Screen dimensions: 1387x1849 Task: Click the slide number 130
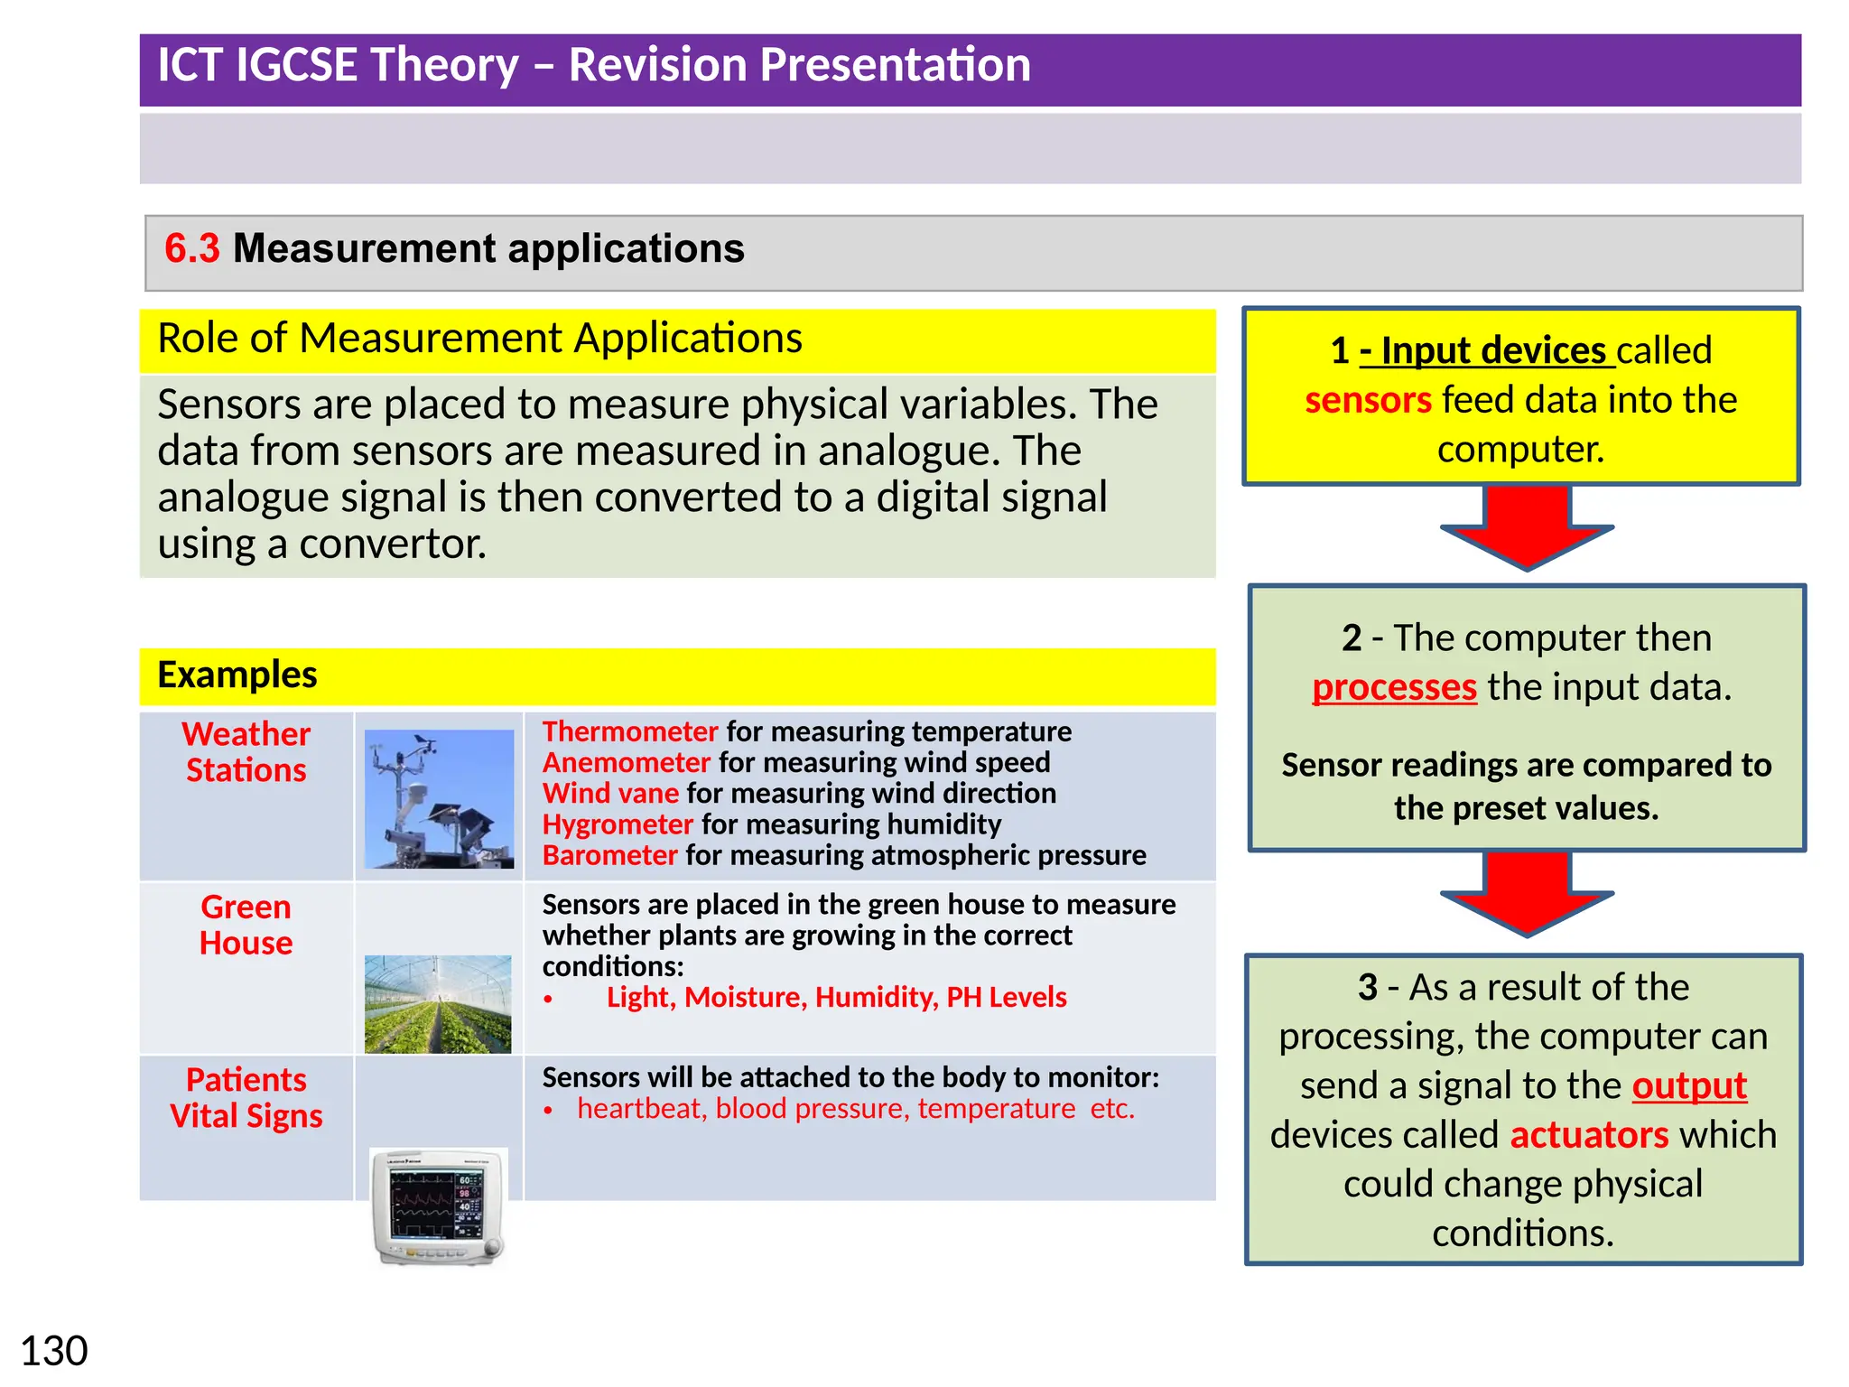[x=54, y=1352]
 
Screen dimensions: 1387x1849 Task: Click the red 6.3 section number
[x=191, y=248]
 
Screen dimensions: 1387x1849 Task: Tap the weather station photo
[x=439, y=798]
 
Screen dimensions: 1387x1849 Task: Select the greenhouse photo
[x=438, y=1003]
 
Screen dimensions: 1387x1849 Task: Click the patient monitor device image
[x=440, y=1206]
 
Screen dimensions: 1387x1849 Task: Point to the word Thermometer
[x=629, y=731]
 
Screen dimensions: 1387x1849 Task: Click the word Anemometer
[x=627, y=763]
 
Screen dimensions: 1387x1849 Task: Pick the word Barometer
[x=609, y=855]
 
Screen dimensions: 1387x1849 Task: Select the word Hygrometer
[x=618, y=824]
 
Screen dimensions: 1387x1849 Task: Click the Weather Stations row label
[x=246, y=752]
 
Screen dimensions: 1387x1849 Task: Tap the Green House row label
[x=246, y=925]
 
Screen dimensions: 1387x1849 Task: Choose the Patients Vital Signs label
[x=246, y=1098]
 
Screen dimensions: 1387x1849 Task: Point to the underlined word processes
[x=1394, y=687]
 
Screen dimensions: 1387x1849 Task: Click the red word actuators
[x=1589, y=1135]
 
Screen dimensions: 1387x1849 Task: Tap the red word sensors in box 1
[x=1368, y=400]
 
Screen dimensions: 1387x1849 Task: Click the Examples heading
[x=237, y=675]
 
